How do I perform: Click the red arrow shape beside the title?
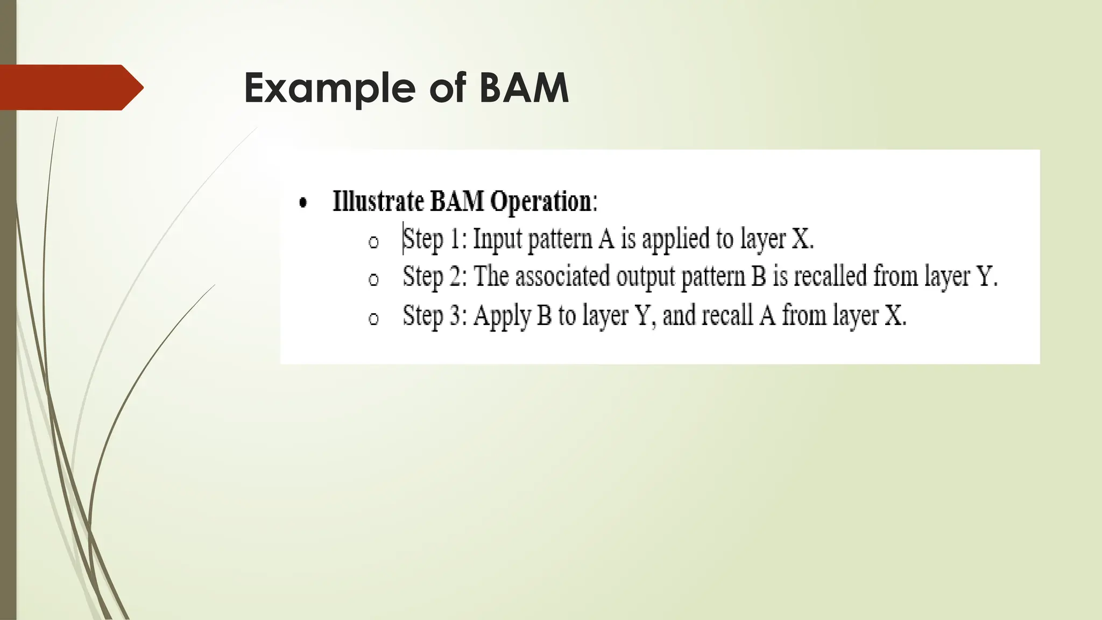click(70, 87)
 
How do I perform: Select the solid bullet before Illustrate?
click(303, 203)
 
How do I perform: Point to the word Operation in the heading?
click(541, 202)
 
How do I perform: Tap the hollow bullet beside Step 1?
click(373, 242)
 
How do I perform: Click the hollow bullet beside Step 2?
click(373, 279)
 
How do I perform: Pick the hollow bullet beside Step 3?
click(373, 319)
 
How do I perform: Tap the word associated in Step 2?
click(562, 276)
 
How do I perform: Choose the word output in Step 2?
click(645, 277)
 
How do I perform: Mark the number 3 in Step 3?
click(455, 315)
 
